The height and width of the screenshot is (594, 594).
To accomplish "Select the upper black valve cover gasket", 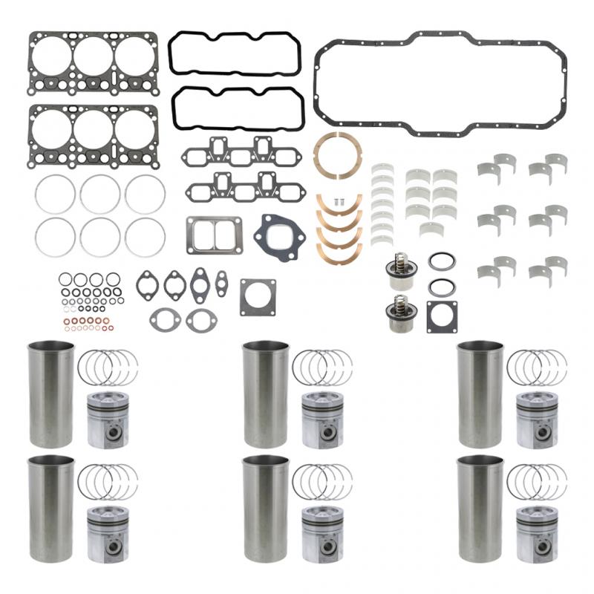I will pyautogui.click(x=235, y=35).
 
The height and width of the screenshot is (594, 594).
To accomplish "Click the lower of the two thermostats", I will pyautogui.click(x=397, y=311).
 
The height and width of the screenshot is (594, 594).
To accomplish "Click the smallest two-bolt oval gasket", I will pyautogui.click(x=221, y=281).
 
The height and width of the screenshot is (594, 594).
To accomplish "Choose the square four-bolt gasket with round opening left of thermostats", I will pyautogui.click(x=258, y=297).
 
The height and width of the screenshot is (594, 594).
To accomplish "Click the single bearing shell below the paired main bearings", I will pyautogui.click(x=431, y=229).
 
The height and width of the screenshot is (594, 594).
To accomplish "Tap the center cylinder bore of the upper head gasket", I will pyautogui.click(x=94, y=56).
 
